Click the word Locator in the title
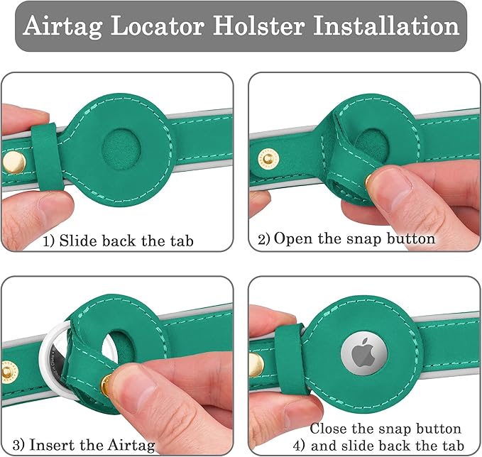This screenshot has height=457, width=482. (x=158, y=26)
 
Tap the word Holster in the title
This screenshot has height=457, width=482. (x=259, y=26)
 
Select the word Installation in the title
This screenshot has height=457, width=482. (x=386, y=26)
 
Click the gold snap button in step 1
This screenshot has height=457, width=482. (x=13, y=163)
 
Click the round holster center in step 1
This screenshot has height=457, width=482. (x=121, y=150)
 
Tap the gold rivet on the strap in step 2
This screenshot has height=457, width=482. (x=268, y=159)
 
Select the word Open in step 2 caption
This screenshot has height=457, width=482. (x=292, y=239)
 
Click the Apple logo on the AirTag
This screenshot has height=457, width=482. (x=364, y=353)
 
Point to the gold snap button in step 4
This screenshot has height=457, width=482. (x=256, y=365)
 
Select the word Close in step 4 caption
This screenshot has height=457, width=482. (x=328, y=429)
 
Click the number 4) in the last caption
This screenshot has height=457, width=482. (x=298, y=446)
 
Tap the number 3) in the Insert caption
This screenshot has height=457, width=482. (x=18, y=445)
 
